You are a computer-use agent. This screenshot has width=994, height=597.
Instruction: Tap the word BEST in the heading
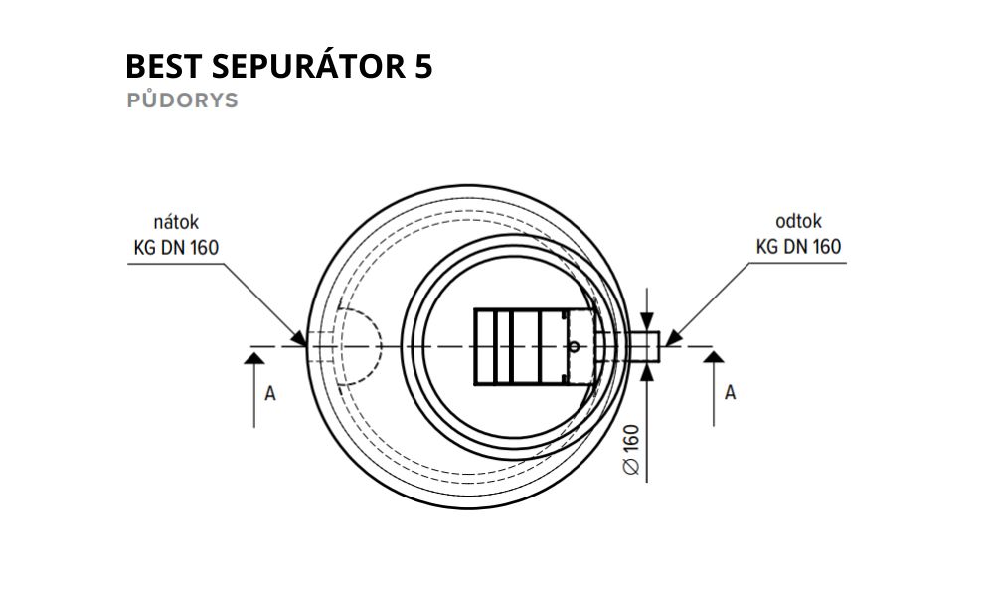(x=164, y=66)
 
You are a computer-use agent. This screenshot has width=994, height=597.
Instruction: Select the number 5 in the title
(x=424, y=66)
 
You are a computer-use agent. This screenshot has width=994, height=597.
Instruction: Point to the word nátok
(x=176, y=222)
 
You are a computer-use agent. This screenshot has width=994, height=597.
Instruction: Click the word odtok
(x=799, y=222)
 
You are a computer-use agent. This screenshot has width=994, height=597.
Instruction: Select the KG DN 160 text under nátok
(x=176, y=247)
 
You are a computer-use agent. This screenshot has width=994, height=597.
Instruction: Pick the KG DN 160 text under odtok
(x=799, y=246)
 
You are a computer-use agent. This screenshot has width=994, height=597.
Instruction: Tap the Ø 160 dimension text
(x=632, y=449)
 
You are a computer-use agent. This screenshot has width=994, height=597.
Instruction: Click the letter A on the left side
(x=270, y=394)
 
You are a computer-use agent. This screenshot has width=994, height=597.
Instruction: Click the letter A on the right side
(x=731, y=393)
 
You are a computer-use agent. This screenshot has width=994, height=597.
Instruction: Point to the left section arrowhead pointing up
(x=254, y=358)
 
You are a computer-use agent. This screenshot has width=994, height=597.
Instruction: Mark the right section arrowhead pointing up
(x=714, y=357)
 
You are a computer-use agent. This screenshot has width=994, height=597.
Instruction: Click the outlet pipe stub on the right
(x=644, y=347)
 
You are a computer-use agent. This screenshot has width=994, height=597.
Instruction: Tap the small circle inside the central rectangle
(x=574, y=346)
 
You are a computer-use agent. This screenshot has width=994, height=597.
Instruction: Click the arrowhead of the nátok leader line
(x=299, y=338)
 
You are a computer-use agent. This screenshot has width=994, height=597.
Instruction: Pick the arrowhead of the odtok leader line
(x=672, y=338)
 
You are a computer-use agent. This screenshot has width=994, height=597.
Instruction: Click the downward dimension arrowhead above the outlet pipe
(x=647, y=323)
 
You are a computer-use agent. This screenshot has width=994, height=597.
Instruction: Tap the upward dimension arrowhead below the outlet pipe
(x=647, y=371)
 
